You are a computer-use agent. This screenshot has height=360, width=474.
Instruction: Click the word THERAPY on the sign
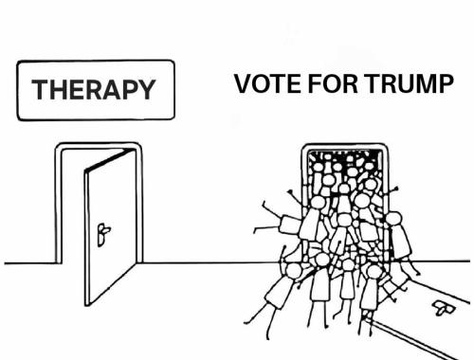[x=93, y=91]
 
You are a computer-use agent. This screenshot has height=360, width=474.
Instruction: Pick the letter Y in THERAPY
[x=145, y=91]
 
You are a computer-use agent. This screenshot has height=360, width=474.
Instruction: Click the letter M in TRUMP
[x=422, y=86]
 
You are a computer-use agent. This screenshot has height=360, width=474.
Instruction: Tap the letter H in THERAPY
[x=57, y=91]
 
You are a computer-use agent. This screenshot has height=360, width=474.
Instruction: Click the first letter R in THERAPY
[x=91, y=91]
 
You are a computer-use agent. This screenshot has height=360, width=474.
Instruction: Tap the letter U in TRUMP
[x=400, y=86]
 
